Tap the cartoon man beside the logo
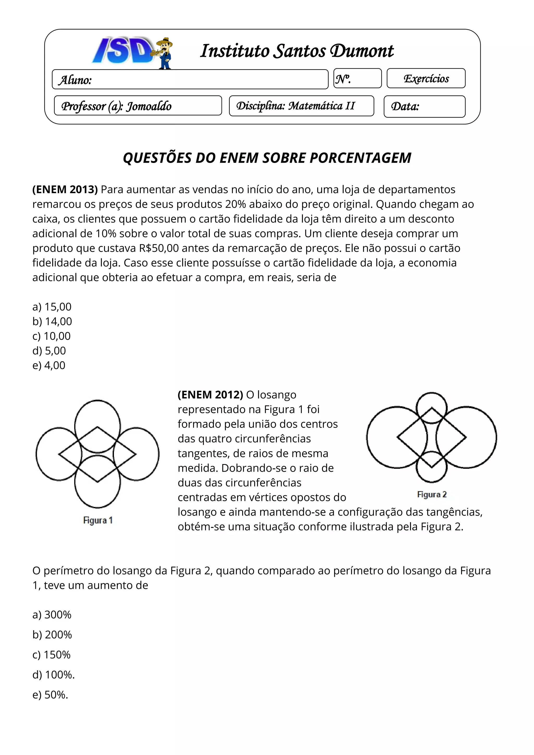(165, 53)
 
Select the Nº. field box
(357, 78)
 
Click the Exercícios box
(426, 78)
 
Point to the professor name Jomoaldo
(149, 106)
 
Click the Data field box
(424, 106)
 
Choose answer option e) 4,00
(49, 365)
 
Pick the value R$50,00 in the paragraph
(159, 248)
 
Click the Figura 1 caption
(98, 520)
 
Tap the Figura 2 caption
(432, 495)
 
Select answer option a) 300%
(52, 614)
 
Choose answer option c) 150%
(51, 655)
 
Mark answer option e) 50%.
(50, 695)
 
